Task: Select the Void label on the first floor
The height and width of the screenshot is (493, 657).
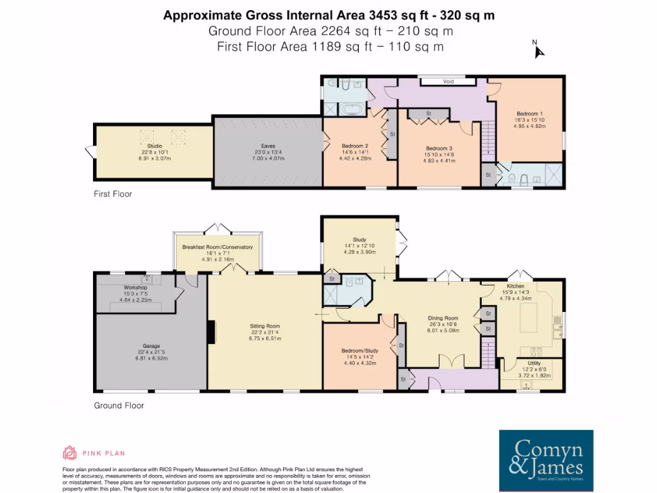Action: [x=448, y=82]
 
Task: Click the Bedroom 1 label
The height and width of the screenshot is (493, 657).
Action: [x=529, y=114]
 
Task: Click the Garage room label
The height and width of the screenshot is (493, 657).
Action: [x=151, y=346]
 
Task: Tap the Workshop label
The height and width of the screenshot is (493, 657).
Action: [x=136, y=288]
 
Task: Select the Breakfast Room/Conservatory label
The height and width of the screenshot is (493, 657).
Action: [x=217, y=247]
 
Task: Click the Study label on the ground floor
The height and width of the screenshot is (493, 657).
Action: [x=359, y=240]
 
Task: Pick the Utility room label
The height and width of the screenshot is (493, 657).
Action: [x=532, y=363]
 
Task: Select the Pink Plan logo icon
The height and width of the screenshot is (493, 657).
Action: [x=69, y=453]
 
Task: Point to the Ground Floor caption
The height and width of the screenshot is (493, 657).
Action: [x=119, y=405]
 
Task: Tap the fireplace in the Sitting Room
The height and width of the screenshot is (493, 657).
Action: [x=210, y=330]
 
